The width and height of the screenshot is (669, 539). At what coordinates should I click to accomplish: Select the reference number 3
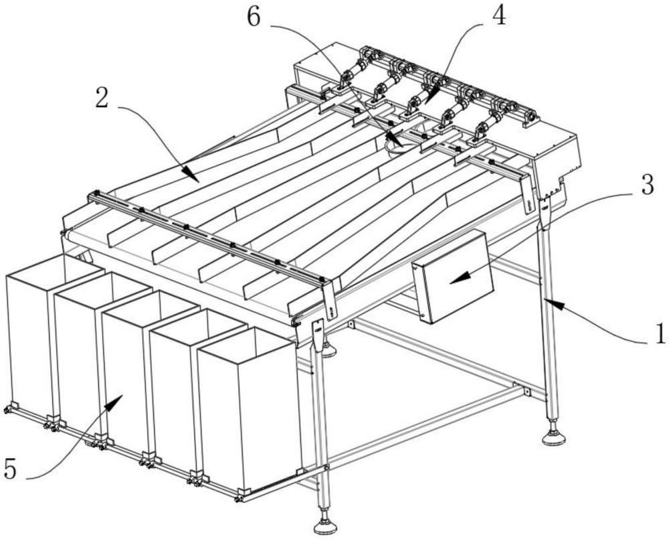[x=648, y=185]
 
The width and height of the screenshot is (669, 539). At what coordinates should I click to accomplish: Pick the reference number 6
[x=254, y=18]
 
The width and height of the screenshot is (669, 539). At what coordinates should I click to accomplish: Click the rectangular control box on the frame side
[x=453, y=277]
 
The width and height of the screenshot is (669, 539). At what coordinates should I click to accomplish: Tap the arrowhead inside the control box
[x=460, y=278]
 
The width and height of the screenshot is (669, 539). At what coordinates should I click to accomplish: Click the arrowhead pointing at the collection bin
[x=114, y=402]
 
